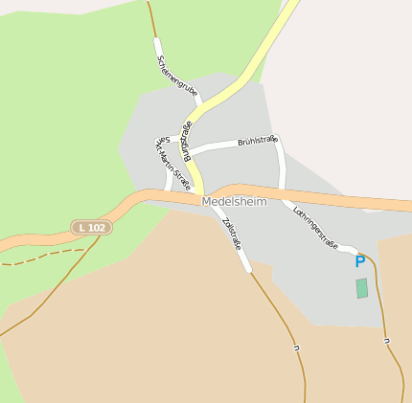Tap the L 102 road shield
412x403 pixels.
pos(91,227)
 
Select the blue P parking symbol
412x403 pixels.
pos(360,261)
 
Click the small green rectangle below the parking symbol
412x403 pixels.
pos(361,288)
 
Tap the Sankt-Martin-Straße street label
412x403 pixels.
pos(172,163)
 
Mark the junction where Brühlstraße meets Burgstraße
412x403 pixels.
pos(193,154)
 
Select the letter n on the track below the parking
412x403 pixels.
pos(385,341)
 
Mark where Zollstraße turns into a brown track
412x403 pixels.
pos(251,272)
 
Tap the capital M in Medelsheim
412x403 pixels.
pos(207,202)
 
